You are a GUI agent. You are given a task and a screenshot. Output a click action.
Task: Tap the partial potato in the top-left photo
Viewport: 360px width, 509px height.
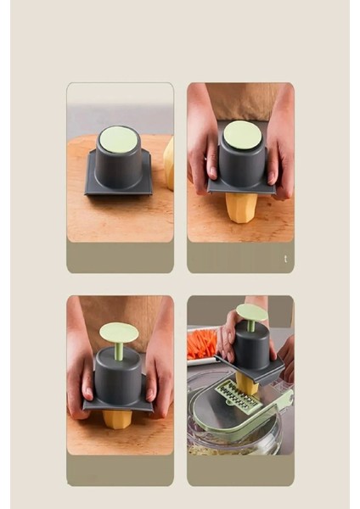[x=168, y=162]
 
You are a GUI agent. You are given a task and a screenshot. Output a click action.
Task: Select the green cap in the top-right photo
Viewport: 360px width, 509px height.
[x=241, y=134]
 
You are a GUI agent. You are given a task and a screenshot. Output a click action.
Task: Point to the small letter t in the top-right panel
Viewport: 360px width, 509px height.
[x=285, y=258]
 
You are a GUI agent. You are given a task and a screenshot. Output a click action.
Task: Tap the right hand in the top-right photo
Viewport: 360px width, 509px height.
[x=279, y=153]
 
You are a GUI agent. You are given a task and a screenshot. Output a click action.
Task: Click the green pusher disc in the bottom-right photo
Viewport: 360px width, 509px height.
[x=250, y=312]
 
